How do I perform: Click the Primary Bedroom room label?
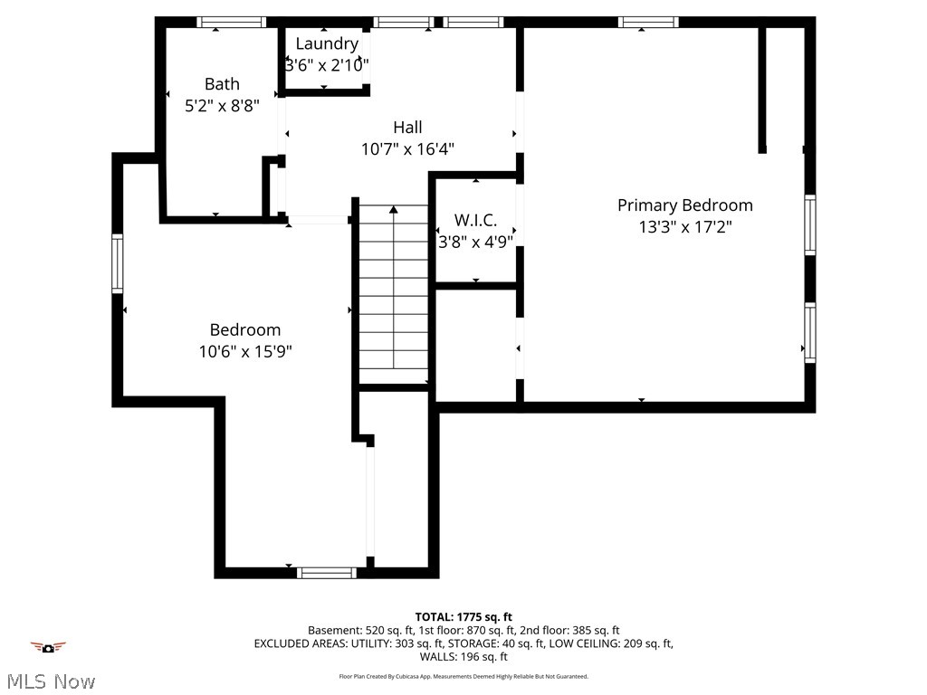tap(684, 205)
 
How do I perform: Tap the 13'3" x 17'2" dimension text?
tap(684, 227)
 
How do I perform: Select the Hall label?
tap(407, 128)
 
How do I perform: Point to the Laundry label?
tap(327, 43)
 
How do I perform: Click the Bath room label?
tap(222, 84)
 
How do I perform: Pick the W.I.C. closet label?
tap(475, 220)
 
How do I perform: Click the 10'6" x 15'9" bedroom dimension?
tap(245, 351)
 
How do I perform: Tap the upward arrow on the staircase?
tap(394, 212)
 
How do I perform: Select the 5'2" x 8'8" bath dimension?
tap(222, 105)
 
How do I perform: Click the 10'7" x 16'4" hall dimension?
tap(407, 149)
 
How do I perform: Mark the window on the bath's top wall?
tap(232, 23)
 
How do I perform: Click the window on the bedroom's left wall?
tap(118, 263)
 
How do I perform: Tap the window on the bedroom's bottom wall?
tap(327, 572)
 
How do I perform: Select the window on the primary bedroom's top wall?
tap(648, 23)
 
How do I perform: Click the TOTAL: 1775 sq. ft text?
tap(463, 617)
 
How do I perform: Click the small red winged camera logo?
tap(48, 646)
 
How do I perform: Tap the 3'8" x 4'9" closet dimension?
tap(475, 242)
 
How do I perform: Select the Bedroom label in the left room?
tap(245, 329)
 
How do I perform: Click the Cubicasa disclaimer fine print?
tap(463, 676)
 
